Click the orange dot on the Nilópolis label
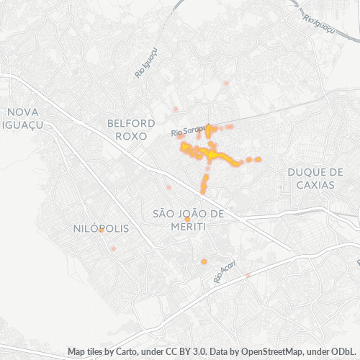tap(102, 230)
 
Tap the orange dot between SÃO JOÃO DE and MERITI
tap(187, 220)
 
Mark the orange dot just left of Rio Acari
tap(204, 261)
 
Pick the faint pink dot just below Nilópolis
tap(113, 248)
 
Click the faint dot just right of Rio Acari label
tap(248, 275)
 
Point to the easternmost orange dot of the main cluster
tap(258, 159)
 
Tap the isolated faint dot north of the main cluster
tap(226, 84)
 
